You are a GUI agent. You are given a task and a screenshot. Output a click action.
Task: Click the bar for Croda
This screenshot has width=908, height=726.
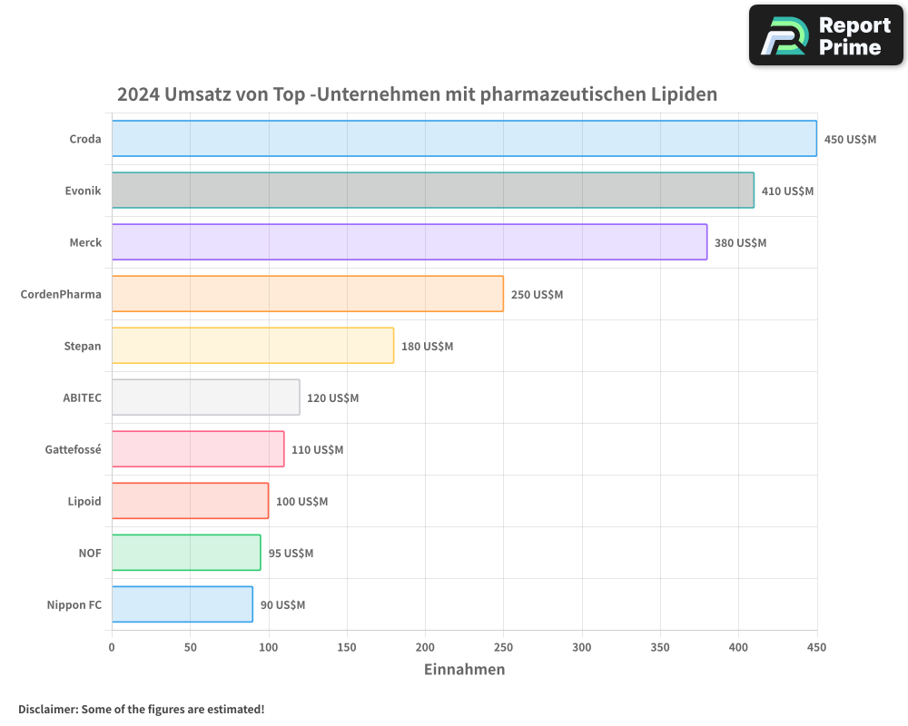click(x=464, y=139)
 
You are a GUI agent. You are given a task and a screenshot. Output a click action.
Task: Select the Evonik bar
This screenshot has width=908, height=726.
click(x=432, y=191)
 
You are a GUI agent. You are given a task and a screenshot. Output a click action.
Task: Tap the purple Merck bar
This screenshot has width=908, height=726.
click(x=409, y=242)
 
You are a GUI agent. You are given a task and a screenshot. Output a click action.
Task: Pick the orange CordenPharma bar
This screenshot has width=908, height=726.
click(x=307, y=294)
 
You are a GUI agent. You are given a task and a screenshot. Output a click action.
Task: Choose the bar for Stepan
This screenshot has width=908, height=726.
click(x=252, y=346)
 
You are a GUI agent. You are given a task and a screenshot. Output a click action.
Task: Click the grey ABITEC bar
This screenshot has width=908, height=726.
click(x=205, y=397)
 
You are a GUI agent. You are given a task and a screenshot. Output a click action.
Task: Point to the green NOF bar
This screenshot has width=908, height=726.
click(x=186, y=553)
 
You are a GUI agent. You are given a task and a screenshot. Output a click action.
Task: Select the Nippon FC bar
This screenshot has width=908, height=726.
click(x=182, y=604)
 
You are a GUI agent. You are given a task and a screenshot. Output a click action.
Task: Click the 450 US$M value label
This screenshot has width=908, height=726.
click(x=850, y=140)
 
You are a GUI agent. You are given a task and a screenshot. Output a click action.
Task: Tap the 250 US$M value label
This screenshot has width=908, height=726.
click(x=537, y=295)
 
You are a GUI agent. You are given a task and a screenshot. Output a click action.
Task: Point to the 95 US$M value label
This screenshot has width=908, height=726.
click(x=291, y=554)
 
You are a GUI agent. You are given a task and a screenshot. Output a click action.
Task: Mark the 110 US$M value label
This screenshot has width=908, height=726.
click(x=317, y=450)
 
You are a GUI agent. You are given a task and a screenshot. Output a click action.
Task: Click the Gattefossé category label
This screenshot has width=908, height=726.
click(x=74, y=449)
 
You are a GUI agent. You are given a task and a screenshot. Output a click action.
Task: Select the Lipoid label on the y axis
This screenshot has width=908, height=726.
click(x=84, y=501)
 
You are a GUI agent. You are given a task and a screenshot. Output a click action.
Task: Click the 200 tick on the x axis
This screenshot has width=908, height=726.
click(x=425, y=648)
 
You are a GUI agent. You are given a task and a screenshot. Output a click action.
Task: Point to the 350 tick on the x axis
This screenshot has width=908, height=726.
click(x=660, y=648)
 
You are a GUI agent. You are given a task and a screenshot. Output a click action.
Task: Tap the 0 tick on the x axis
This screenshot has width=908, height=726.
click(x=112, y=648)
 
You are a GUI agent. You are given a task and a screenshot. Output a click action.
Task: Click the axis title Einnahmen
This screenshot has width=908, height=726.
click(x=464, y=670)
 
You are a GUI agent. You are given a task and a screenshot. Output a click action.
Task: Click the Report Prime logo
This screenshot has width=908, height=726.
click(x=826, y=35)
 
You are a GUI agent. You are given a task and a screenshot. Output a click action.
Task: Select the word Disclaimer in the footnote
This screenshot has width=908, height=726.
click(x=46, y=709)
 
